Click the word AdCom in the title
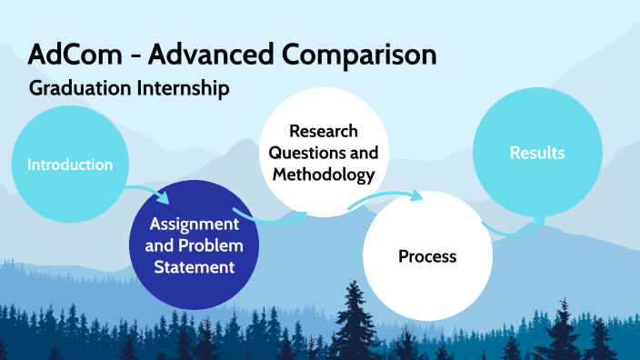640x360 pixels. click(69, 55)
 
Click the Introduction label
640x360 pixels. click(70, 165)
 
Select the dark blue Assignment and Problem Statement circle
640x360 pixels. click(194, 245)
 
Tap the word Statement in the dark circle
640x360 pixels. click(194, 267)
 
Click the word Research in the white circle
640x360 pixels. click(323, 132)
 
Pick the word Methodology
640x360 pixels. click(323, 174)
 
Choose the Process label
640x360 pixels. click(426, 256)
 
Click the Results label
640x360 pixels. click(536, 153)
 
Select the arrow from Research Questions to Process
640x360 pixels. click(386, 195)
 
